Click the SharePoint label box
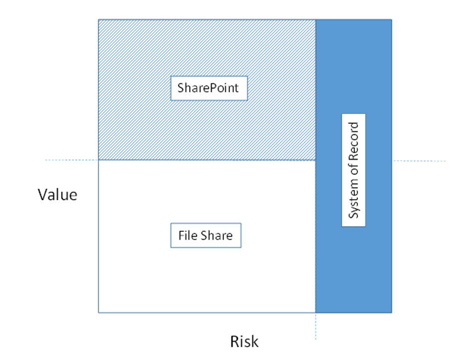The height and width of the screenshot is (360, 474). click(209, 88)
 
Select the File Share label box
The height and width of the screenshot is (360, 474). click(206, 235)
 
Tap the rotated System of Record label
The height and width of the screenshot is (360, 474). click(354, 170)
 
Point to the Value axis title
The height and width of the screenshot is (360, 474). click(58, 194)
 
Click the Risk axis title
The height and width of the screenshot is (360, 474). click(244, 342)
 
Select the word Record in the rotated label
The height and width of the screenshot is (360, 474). click(354, 139)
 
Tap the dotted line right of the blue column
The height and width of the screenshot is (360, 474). click(419, 161)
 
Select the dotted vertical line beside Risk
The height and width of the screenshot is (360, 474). click(315, 327)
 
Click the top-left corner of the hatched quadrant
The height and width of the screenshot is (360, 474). click(99, 20)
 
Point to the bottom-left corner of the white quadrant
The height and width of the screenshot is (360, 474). click(99, 313)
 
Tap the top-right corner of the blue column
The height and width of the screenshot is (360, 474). click(391, 20)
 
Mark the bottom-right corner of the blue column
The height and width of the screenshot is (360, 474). click(391, 313)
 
